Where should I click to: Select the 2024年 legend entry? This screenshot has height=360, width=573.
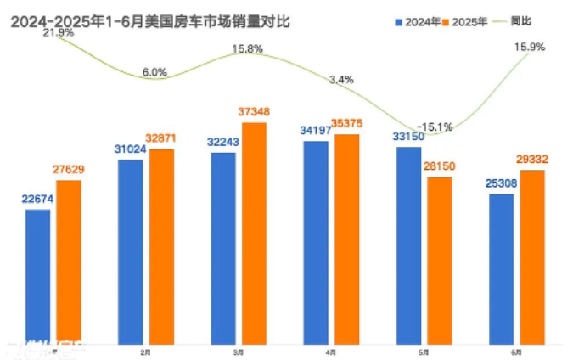[x=422, y=20]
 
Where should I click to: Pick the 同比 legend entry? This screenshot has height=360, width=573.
[x=520, y=20]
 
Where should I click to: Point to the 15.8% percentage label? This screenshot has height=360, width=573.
[x=248, y=48]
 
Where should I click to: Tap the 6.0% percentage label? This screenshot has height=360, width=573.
[x=155, y=72]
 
